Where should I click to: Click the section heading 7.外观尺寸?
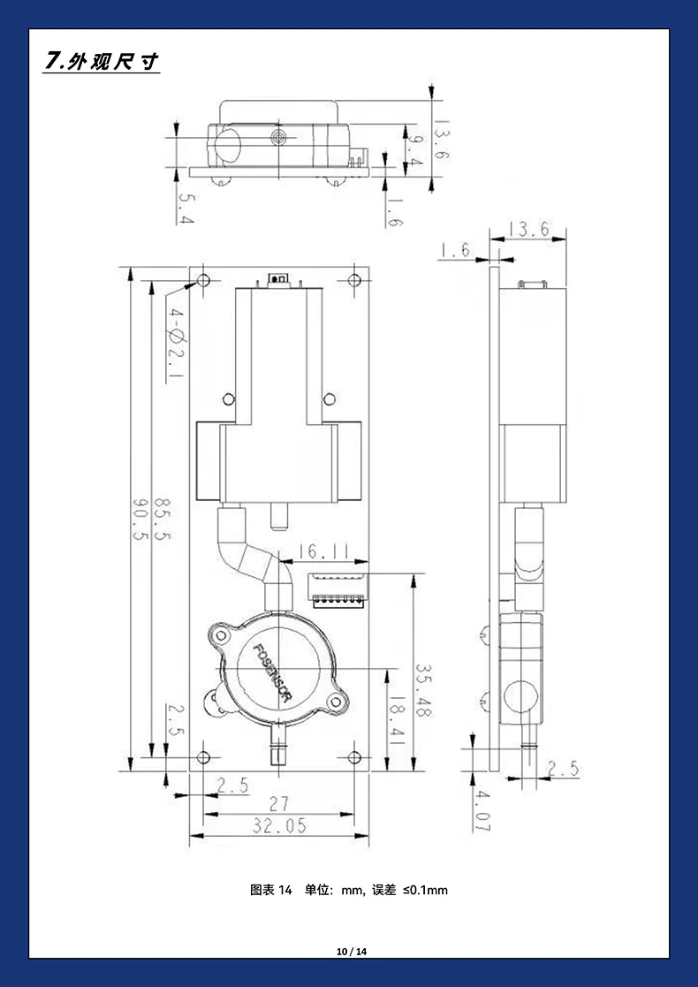[x=102, y=62]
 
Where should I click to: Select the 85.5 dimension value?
[x=162, y=518]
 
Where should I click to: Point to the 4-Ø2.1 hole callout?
[x=175, y=345]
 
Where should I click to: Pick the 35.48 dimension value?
[x=423, y=690]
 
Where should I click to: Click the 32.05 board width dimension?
[x=279, y=826]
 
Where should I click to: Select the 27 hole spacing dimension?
[x=279, y=804]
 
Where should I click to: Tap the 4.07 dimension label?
[x=482, y=811]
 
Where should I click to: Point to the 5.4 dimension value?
[x=186, y=209]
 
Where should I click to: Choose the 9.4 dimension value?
[x=414, y=151]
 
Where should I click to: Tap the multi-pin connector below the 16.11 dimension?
[x=337, y=590]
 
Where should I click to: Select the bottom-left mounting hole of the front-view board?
[x=203, y=757]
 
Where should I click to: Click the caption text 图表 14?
[x=271, y=890]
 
